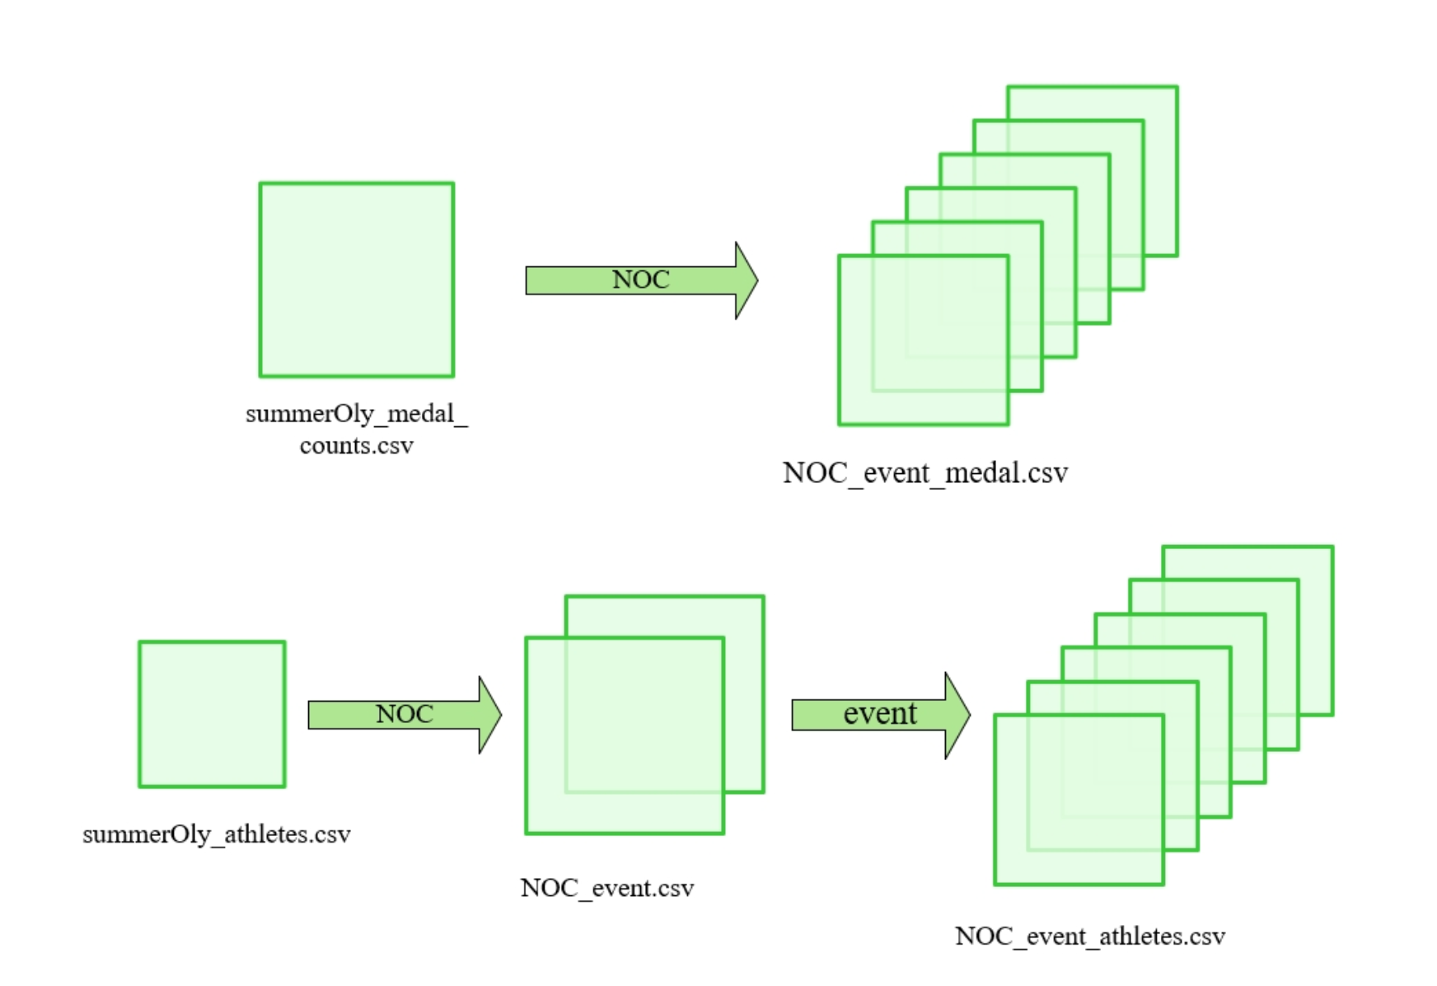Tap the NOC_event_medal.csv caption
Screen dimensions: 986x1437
coord(924,473)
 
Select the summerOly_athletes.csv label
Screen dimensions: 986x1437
coord(217,834)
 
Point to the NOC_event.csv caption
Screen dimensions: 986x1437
coord(607,888)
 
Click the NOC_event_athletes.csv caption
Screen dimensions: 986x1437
coord(1090,937)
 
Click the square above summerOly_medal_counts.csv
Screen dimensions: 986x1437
coord(357,279)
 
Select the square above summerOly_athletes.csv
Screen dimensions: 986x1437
coord(212,714)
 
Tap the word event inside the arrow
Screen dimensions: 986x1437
coord(879,714)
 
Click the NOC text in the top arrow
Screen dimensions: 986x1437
coord(640,280)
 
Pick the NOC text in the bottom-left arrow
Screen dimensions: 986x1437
coord(404,714)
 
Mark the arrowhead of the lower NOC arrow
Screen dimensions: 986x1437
coord(489,715)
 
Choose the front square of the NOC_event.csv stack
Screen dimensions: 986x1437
coord(624,735)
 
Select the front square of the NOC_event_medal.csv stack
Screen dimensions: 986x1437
coord(923,340)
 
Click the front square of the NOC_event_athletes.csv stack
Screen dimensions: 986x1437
coord(1079,800)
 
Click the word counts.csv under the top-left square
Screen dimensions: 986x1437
coord(356,446)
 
